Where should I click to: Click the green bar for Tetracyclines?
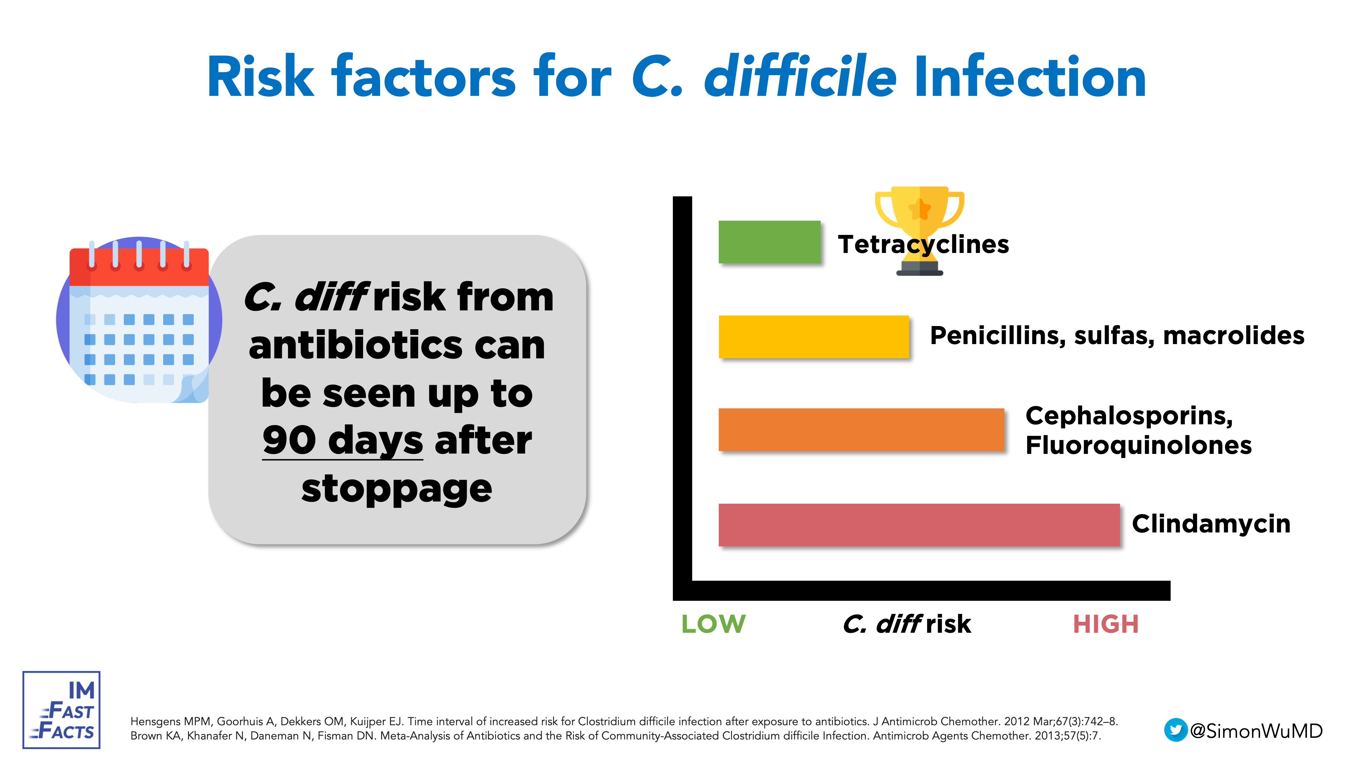click(x=769, y=242)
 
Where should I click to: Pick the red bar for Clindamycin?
click(x=919, y=525)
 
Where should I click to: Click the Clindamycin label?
click(x=1211, y=524)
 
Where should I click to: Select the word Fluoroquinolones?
click(x=1138, y=445)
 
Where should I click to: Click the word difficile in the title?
click(x=800, y=78)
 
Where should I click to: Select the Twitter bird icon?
click(x=1175, y=730)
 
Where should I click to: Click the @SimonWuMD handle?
click(x=1257, y=731)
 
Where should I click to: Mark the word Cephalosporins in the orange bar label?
click(x=1129, y=416)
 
